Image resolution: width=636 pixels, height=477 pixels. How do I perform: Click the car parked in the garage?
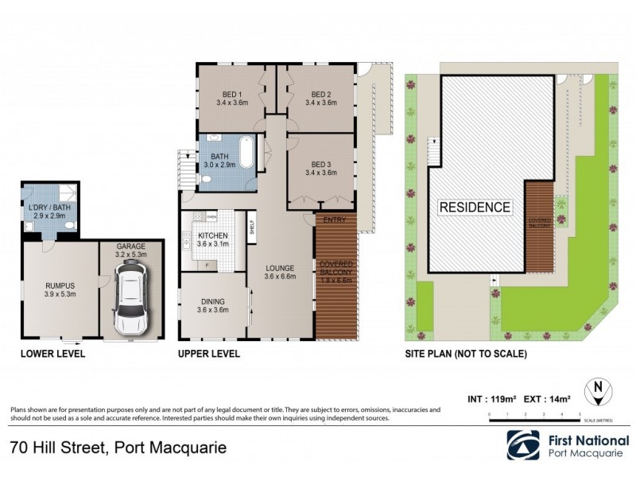131,298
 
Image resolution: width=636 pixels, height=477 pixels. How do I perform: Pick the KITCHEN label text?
214,236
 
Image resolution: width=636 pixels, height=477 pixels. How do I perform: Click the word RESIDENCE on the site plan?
475,207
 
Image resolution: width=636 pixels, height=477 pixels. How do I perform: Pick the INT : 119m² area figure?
492,397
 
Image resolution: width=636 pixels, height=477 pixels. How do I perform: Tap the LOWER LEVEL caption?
52,354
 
